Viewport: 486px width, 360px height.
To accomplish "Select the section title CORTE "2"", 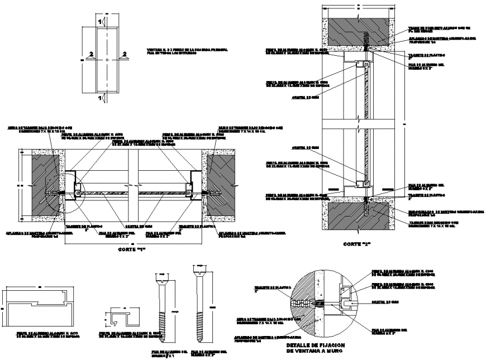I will pos(358,244).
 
